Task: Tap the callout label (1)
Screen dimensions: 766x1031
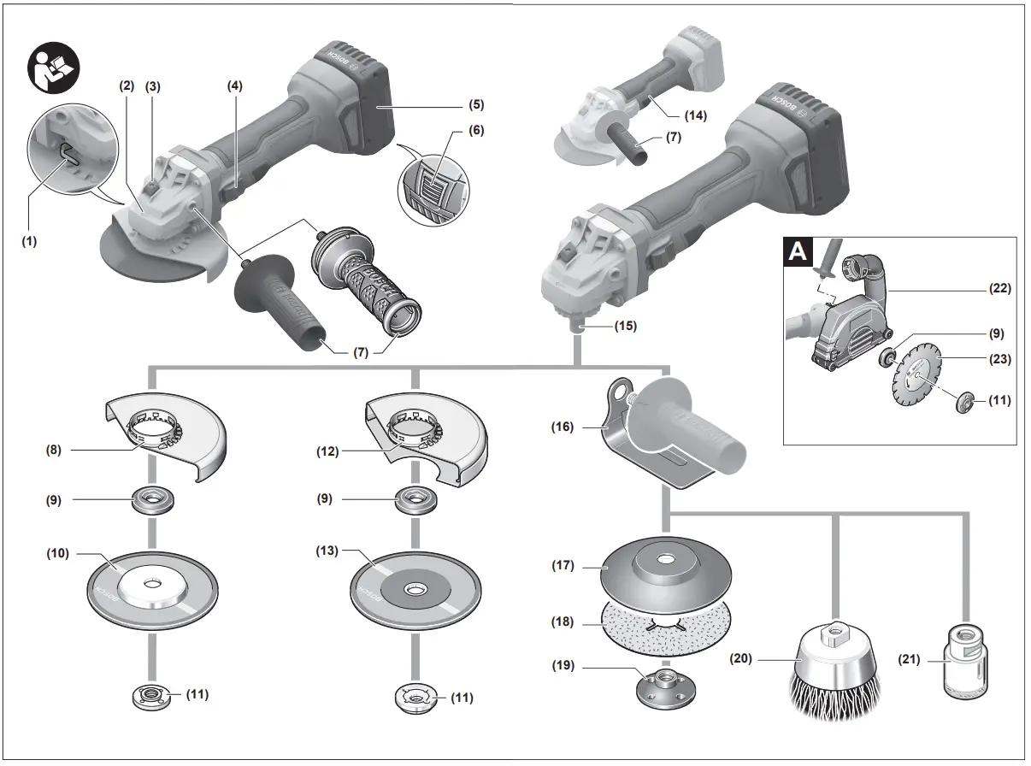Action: pos(30,242)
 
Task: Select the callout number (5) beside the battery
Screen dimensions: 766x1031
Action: pos(476,105)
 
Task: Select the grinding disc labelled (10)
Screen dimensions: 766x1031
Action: pos(151,591)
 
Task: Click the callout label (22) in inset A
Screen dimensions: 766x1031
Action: pos(998,289)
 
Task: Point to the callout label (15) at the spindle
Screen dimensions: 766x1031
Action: pos(625,326)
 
